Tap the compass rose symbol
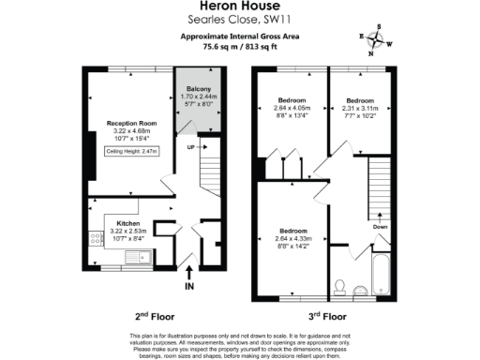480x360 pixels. (x=377, y=39)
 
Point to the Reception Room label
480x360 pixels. (x=130, y=123)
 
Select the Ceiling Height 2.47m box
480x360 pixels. (x=131, y=151)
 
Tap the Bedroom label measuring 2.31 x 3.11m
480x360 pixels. (x=362, y=99)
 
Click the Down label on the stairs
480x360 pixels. (x=380, y=226)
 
